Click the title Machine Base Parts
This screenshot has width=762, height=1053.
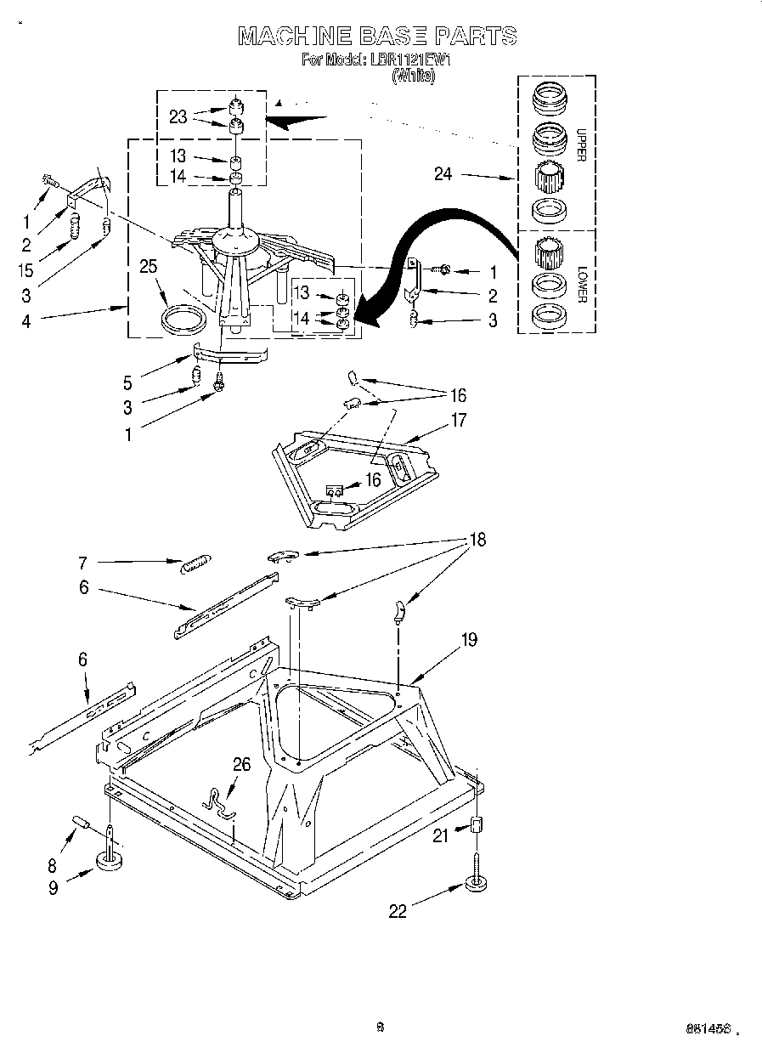(377, 36)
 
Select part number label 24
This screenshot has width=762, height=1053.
(443, 175)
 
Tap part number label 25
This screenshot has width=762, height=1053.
(149, 267)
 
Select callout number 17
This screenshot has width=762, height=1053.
(459, 420)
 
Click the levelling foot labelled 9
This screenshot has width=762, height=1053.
(110, 862)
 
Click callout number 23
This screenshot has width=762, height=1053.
(178, 117)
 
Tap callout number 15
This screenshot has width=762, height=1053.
(26, 269)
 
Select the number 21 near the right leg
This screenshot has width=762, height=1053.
(440, 835)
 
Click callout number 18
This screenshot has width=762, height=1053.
(478, 540)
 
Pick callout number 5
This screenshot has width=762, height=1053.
(127, 383)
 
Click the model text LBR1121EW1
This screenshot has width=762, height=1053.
(409, 60)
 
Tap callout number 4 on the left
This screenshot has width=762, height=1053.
(26, 321)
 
